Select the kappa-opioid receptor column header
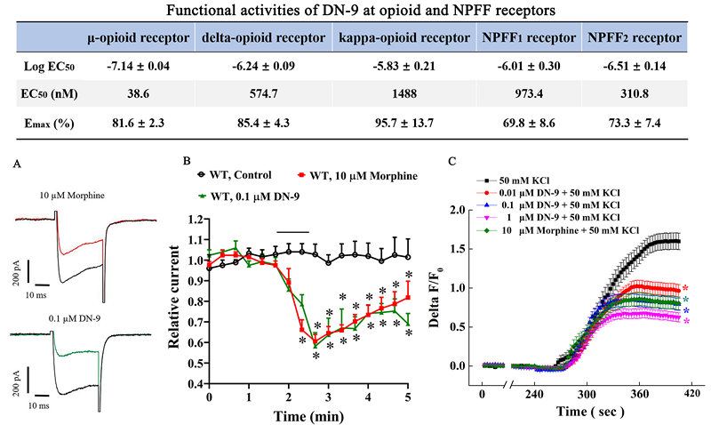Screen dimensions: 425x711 (403, 39)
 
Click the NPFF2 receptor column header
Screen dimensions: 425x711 (632, 39)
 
